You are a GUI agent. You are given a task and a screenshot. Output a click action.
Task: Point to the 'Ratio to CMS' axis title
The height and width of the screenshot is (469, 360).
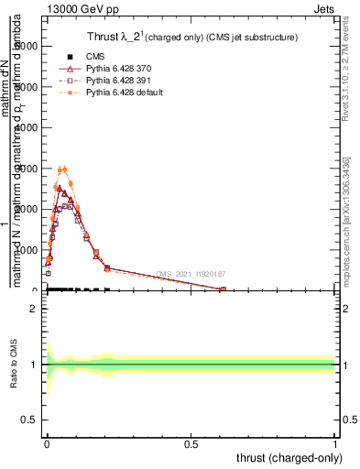pyautogui.click(x=15, y=365)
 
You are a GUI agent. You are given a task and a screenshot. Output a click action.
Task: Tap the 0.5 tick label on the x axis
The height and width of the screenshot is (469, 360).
pyautogui.click(x=191, y=443)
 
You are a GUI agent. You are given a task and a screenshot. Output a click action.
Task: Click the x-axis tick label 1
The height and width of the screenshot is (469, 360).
pyautogui.click(x=336, y=443)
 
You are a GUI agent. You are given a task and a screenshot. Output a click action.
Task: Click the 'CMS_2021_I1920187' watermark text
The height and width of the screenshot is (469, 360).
pyautogui.click(x=191, y=274)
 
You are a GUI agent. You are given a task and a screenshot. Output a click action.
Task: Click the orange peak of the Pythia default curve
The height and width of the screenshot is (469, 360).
pyautogui.click(x=62, y=169)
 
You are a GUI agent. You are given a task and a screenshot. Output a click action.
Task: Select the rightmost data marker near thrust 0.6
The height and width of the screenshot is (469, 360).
pyautogui.click(x=223, y=289)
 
